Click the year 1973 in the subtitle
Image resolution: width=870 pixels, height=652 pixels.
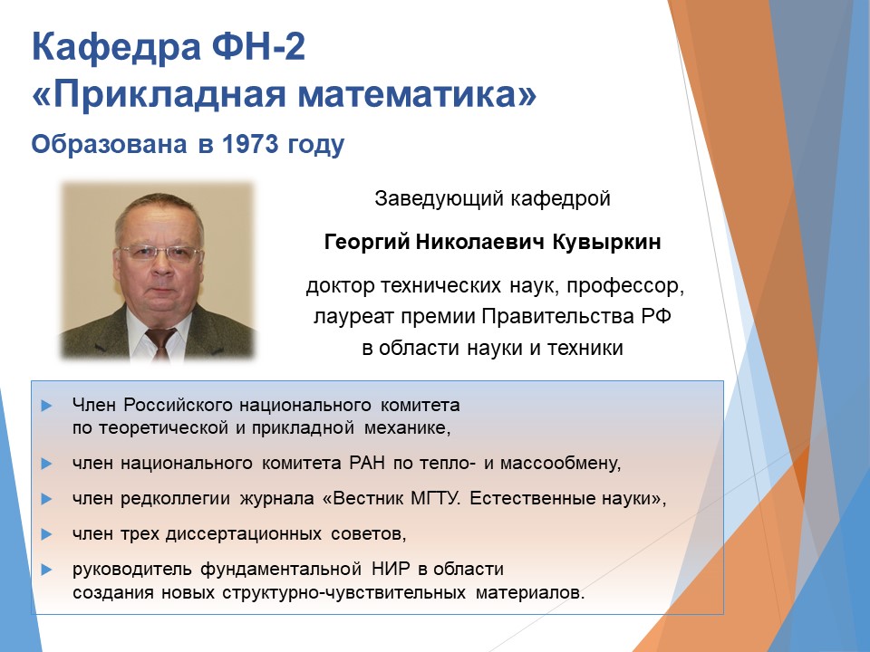[x=250, y=144]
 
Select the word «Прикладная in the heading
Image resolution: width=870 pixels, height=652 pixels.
[x=159, y=95]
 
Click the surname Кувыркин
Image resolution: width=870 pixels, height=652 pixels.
[x=607, y=243]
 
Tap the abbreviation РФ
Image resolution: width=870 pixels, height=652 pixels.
[x=657, y=316]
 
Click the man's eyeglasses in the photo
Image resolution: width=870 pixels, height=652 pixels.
[x=159, y=254]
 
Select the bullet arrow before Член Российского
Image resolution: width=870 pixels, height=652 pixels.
[x=46, y=406]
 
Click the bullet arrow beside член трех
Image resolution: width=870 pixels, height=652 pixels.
[x=46, y=534]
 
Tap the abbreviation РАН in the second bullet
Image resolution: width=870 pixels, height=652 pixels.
[x=367, y=463]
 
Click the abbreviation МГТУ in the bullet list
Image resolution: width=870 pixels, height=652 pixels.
[x=436, y=498]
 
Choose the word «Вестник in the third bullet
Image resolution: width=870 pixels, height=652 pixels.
[x=362, y=498]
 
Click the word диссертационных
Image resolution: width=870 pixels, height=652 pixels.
[x=244, y=534]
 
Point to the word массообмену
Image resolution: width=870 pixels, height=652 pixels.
[x=560, y=463]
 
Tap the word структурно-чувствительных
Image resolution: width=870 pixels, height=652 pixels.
[x=344, y=592]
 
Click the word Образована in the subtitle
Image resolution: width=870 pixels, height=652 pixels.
[x=110, y=144]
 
